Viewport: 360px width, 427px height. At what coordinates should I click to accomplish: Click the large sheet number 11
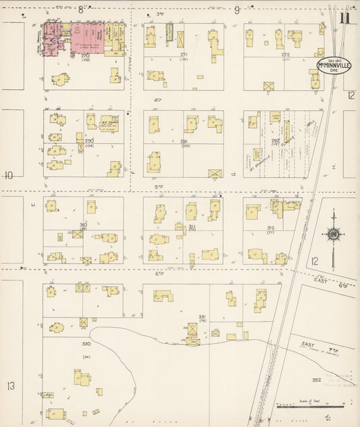pyautogui.click(x=346, y=18)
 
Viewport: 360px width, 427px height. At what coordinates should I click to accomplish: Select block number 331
pyautogui.click(x=201, y=317)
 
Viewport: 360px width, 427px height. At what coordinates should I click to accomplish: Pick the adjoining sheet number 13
pyautogui.click(x=10, y=386)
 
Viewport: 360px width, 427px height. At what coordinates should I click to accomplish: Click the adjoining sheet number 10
pyautogui.click(x=9, y=176)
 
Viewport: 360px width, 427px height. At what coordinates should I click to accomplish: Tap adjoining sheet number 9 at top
pyautogui.click(x=236, y=9)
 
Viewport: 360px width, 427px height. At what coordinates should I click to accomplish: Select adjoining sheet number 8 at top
pyautogui.click(x=81, y=9)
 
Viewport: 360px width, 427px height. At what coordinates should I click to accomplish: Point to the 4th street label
pyautogui.click(x=159, y=100)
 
